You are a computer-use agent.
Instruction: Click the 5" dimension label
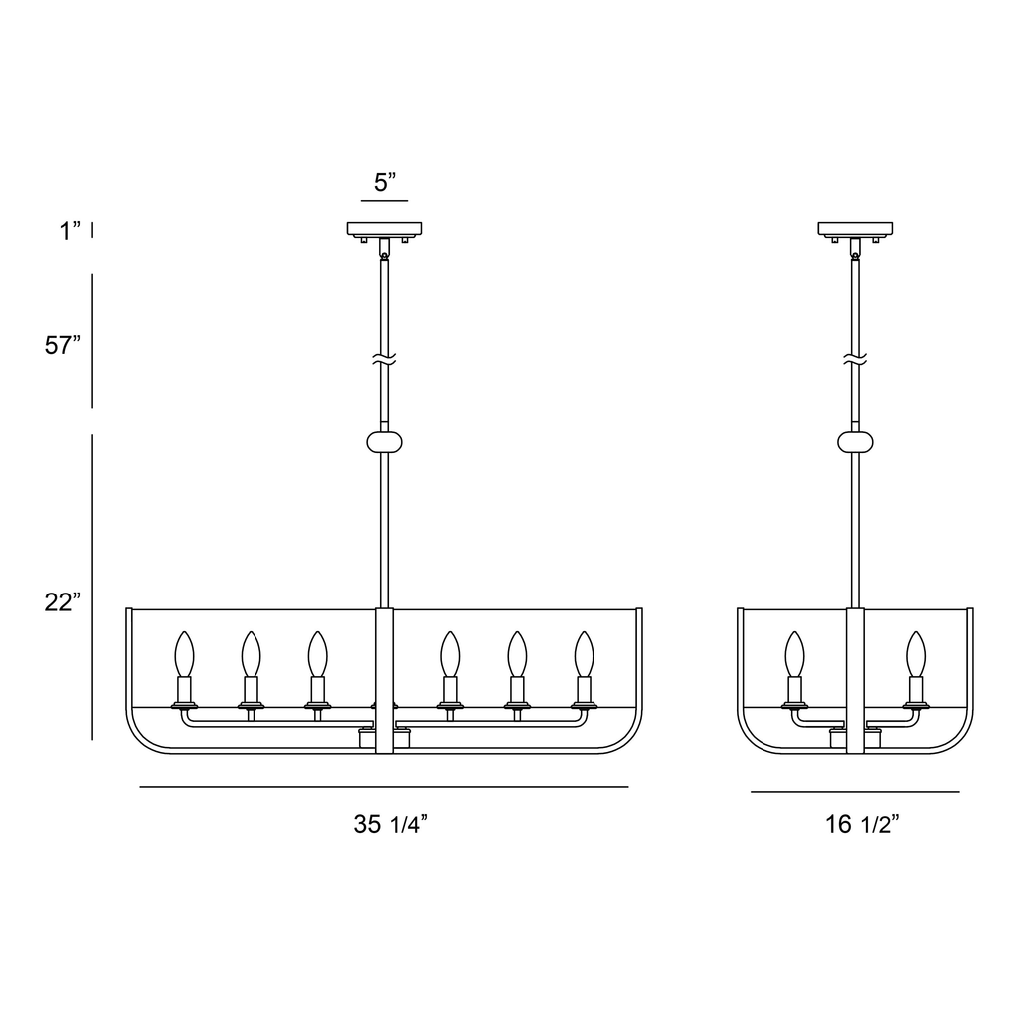(385, 183)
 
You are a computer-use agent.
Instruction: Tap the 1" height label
(71, 231)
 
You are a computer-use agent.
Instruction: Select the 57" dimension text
(63, 345)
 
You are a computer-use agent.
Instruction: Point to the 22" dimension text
(63, 602)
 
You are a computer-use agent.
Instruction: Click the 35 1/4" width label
(391, 824)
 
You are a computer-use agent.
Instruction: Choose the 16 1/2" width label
(862, 824)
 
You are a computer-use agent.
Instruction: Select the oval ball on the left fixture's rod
(385, 442)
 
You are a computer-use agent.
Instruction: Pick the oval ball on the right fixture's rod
(855, 442)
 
